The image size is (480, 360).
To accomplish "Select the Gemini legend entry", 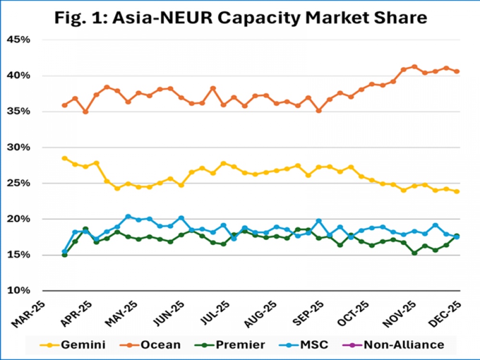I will [x=77, y=344].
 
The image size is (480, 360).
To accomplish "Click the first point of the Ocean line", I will [x=64, y=105].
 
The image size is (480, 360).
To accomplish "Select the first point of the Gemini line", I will [x=64, y=158].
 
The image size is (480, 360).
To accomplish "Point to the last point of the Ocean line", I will [x=457, y=72].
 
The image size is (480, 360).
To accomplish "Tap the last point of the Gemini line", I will [x=457, y=191].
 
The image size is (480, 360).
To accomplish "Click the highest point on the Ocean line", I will [x=414, y=67].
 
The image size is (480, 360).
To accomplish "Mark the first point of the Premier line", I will [x=64, y=255].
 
